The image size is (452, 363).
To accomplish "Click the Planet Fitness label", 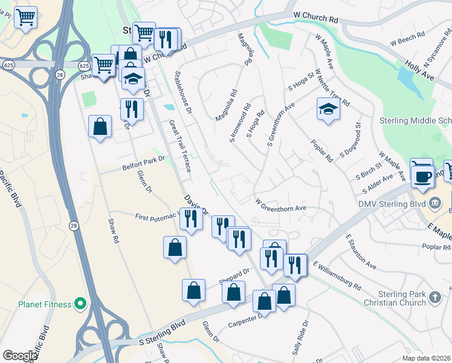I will point(42,304).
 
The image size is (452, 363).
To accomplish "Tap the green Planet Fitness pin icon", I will point(80,304).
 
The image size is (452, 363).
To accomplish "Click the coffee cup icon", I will point(422,175).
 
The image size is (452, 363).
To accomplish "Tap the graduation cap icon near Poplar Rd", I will point(328,109).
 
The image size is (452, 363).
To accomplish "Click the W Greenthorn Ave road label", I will point(281,204).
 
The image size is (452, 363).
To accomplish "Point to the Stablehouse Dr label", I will point(182,93).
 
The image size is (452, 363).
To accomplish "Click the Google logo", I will point(19,356).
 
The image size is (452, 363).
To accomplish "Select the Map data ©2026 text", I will point(425,358).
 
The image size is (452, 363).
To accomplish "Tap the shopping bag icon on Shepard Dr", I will point(233,292).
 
